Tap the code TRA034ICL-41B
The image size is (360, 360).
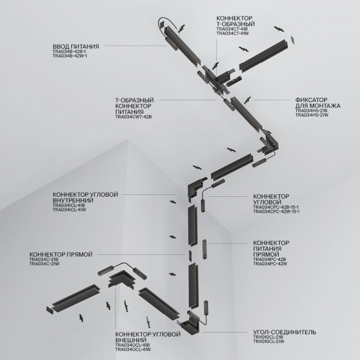(x=68, y=205)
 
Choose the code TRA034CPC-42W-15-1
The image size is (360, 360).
(x=276, y=211)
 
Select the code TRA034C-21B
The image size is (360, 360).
(x=45, y=259)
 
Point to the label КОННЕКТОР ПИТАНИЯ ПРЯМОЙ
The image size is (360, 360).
(x=271, y=249)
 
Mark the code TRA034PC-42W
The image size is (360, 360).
(x=270, y=265)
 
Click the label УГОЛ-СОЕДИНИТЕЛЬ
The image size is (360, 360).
(x=284, y=332)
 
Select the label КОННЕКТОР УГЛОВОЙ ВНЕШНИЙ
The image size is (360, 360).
(x=147, y=337)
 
